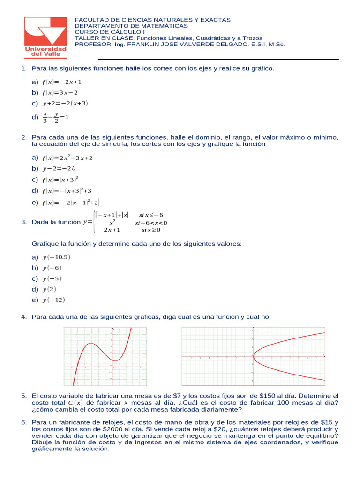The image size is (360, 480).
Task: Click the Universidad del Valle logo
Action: pos(45,37)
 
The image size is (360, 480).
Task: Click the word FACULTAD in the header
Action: pos(90,20)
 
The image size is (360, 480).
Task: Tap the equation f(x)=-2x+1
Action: pos(62,82)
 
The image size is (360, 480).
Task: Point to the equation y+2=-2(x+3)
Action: pos(65,103)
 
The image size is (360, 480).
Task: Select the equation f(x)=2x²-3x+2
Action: pos(67,158)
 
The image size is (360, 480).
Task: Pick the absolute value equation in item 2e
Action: pos(70,202)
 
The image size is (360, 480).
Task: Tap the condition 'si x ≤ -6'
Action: pos(151,215)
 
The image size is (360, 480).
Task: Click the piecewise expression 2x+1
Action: pos(112,230)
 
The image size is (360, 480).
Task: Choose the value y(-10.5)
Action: pos(56,257)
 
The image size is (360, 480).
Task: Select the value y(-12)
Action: pos(53,300)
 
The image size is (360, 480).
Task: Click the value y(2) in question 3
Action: pos(49,289)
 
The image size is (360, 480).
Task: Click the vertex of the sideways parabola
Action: pos(253,356)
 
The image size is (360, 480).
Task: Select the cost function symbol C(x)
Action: pos(75,403)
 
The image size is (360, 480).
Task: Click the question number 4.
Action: pos(23,317)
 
